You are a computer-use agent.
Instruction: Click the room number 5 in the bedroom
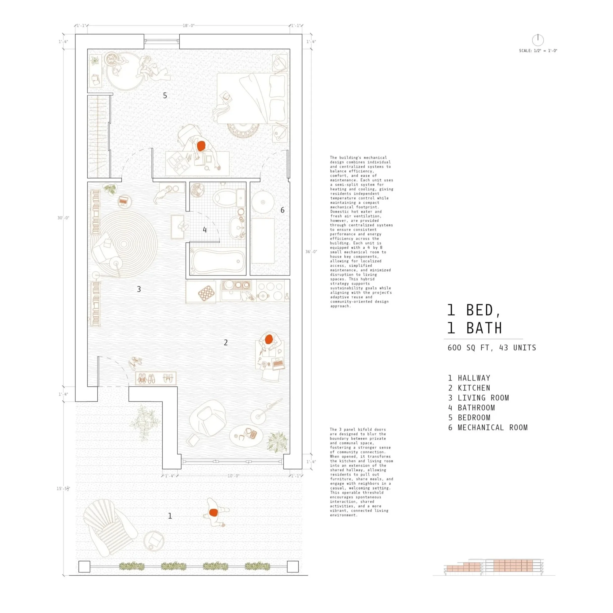(165, 95)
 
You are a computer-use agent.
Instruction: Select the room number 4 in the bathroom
(205, 230)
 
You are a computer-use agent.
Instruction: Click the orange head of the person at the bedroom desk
(201, 146)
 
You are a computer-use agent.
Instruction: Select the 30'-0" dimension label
(63, 218)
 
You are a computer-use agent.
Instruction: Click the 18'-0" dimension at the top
(188, 26)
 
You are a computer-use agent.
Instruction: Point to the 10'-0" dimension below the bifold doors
(233, 476)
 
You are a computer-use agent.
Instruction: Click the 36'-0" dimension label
(311, 252)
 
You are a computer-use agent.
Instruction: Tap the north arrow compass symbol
(538, 40)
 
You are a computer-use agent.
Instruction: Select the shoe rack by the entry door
(155, 378)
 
